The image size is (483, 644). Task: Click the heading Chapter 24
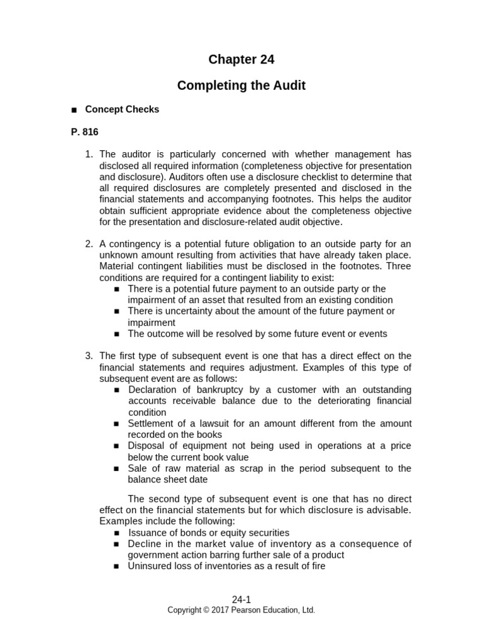(x=241, y=60)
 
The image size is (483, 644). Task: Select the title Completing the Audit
(x=241, y=86)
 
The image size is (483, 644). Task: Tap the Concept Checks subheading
(x=122, y=109)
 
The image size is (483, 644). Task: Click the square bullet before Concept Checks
(x=74, y=110)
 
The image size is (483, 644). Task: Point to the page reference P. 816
(x=84, y=132)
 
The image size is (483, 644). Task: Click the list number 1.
(x=89, y=154)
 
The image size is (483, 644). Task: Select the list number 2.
(x=89, y=244)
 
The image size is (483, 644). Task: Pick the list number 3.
(x=89, y=356)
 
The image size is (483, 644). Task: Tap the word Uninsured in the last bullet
(x=150, y=566)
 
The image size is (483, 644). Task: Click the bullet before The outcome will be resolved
(x=117, y=335)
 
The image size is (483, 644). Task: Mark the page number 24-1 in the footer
(x=241, y=600)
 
